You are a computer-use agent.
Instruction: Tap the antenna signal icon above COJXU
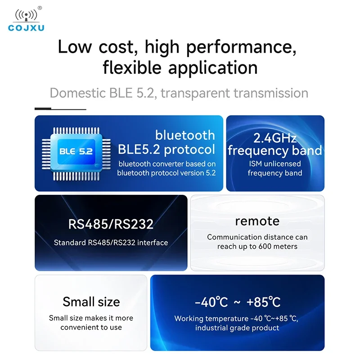click(26, 14)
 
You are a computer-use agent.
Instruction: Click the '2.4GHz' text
click(274, 137)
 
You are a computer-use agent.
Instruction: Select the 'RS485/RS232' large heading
click(111, 224)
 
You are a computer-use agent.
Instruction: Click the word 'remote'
click(257, 221)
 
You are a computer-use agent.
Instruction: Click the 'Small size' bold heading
click(91, 301)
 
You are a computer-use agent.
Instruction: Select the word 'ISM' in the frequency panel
click(255, 164)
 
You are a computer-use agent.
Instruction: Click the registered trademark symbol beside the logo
click(40, 8)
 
